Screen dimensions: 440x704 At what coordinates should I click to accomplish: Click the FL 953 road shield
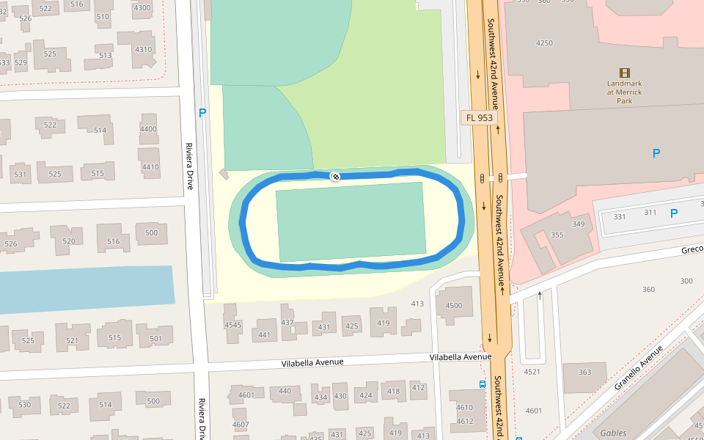[x=479, y=117]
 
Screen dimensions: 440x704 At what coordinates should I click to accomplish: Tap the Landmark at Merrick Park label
[x=624, y=92]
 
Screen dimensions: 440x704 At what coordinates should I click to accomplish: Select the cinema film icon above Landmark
[x=624, y=73]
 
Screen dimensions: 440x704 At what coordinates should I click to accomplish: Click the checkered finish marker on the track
[x=334, y=176]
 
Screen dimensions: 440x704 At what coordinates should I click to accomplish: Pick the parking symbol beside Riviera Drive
[x=202, y=113]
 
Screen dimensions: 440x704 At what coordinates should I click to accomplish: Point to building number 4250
[x=544, y=43]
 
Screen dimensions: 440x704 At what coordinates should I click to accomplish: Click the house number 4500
[x=454, y=306]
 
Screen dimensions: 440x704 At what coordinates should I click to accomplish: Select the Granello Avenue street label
[x=637, y=367]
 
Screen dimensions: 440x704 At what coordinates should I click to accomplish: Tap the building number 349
[x=579, y=224]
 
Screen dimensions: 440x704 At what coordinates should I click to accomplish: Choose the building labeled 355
[x=557, y=235]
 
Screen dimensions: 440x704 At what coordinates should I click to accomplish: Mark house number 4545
[x=233, y=325]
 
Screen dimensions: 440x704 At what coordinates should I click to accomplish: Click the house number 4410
[x=150, y=167]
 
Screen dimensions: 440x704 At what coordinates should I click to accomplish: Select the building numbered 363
[x=584, y=373]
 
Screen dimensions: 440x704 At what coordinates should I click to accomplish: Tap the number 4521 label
[x=532, y=372]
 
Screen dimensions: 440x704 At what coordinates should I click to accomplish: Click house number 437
[x=287, y=323]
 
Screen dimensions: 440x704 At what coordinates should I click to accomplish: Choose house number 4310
[x=144, y=50]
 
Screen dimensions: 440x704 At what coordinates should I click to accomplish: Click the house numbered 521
[x=72, y=340]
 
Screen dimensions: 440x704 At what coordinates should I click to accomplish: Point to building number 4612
[x=465, y=421]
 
